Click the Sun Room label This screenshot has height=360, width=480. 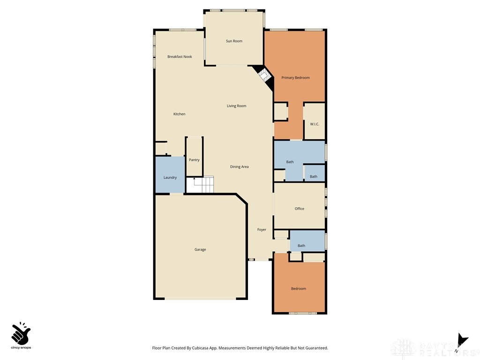234,41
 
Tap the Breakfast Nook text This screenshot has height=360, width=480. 180,57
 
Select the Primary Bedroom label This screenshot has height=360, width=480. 295,78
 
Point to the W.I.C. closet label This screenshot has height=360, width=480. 314,124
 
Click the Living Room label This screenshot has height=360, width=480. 236,106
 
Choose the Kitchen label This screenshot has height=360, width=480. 179,114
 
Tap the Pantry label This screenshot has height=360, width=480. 194,160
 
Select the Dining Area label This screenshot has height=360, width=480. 239,167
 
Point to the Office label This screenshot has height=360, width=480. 300,209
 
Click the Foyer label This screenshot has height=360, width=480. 262,230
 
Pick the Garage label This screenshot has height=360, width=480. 200,250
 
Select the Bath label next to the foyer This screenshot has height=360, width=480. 301,246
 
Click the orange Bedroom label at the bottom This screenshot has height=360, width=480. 299,289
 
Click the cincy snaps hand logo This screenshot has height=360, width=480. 21,334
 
